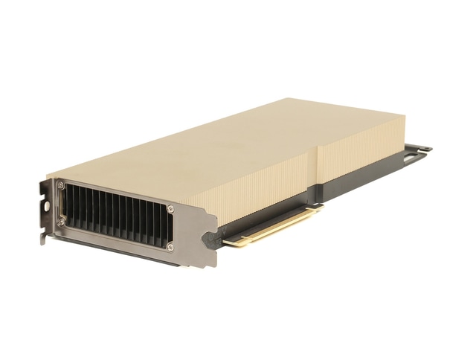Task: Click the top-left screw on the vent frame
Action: [x=62, y=185]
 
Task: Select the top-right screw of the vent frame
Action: [x=170, y=209]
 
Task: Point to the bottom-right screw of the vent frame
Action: [x=170, y=246]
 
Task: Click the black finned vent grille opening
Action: [x=115, y=215]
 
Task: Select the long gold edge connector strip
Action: [x=271, y=226]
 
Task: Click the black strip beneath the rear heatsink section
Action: [x=357, y=175]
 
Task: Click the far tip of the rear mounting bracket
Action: [x=430, y=150]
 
